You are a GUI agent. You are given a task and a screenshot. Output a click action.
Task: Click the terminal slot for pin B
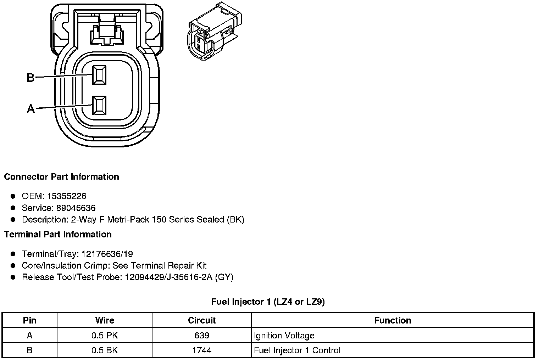click(x=99, y=75)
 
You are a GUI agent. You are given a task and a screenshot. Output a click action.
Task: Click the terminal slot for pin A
click(x=99, y=105)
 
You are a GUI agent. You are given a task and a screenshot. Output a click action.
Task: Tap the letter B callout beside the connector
click(x=31, y=77)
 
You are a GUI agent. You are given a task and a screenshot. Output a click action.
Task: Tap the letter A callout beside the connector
click(x=31, y=109)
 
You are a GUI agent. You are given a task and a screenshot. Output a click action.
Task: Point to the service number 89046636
click(x=76, y=208)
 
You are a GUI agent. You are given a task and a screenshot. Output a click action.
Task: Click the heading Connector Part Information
click(x=61, y=176)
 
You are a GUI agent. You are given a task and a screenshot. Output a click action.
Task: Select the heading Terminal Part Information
click(x=58, y=234)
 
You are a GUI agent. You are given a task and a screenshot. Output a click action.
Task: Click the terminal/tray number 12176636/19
click(x=107, y=254)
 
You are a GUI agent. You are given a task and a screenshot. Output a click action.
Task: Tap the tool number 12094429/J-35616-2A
click(x=168, y=277)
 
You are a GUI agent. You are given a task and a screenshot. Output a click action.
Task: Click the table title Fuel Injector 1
click(x=268, y=302)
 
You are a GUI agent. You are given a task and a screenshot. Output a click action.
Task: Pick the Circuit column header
click(x=202, y=320)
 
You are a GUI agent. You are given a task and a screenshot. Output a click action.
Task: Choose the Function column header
click(x=393, y=320)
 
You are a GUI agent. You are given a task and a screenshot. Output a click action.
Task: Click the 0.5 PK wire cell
click(x=105, y=335)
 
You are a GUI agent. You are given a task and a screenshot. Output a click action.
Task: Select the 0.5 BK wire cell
click(x=105, y=350)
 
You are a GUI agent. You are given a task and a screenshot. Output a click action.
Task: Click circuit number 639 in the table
click(x=202, y=335)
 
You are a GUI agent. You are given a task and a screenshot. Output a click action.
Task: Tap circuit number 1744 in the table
click(x=202, y=350)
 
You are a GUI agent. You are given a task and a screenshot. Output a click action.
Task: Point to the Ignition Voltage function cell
click(x=284, y=335)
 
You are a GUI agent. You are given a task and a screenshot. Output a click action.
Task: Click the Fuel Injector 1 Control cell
click(x=297, y=350)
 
